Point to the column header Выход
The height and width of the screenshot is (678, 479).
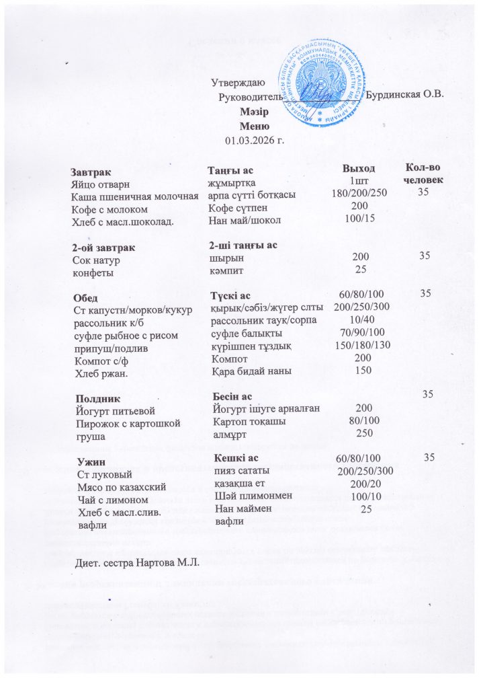pos(359,167)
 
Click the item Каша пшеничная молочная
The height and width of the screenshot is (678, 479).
pos(135,195)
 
